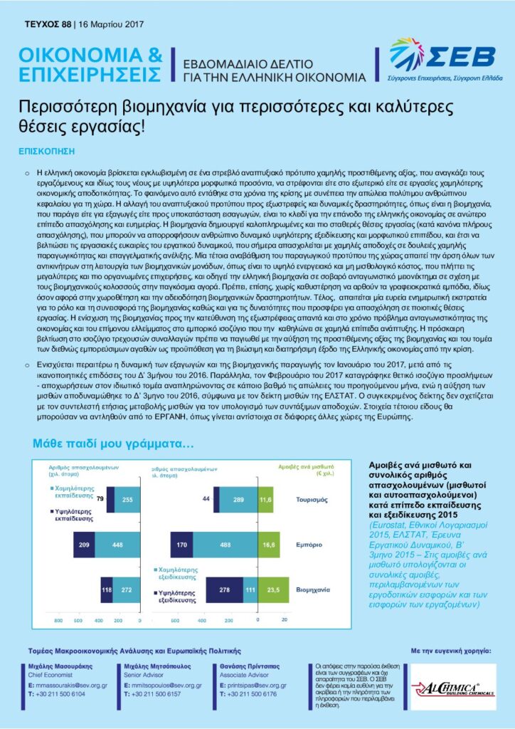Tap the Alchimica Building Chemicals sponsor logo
(453, 688)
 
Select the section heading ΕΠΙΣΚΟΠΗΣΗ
(47, 151)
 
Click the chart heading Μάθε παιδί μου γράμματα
(113, 445)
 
